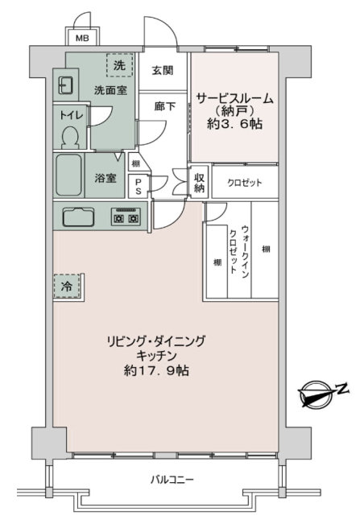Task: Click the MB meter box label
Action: [x=82, y=38]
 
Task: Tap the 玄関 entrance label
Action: [x=163, y=71]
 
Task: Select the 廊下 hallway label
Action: [x=164, y=106]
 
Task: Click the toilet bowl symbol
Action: [x=70, y=137]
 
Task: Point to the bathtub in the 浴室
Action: [x=68, y=175]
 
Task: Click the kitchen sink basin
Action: [x=78, y=217]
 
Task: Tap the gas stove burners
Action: [x=126, y=217]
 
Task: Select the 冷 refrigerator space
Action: [x=67, y=286]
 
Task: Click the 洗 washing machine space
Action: [x=119, y=65]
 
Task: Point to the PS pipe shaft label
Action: [x=139, y=187]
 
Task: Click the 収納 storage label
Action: [x=199, y=183]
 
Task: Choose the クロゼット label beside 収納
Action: [x=245, y=183]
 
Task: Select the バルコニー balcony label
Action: [x=172, y=480]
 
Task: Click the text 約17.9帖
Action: [x=156, y=370]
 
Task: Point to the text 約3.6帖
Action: [x=235, y=124]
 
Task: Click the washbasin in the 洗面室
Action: [x=64, y=85]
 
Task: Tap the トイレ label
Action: [x=72, y=114]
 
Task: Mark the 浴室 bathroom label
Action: [x=106, y=178]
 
